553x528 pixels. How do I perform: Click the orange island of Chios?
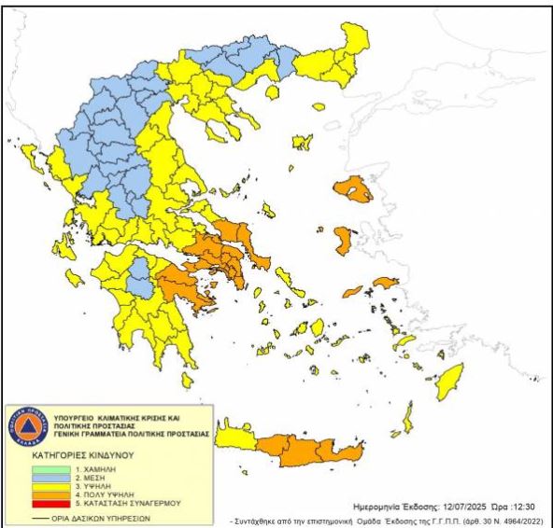coord(343,241)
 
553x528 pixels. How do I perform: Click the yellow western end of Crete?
coord(234,437)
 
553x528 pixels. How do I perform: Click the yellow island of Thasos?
coord(270,92)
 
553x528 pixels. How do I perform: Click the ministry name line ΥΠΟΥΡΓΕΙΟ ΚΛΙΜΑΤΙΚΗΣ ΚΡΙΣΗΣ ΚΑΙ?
coord(121,411)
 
